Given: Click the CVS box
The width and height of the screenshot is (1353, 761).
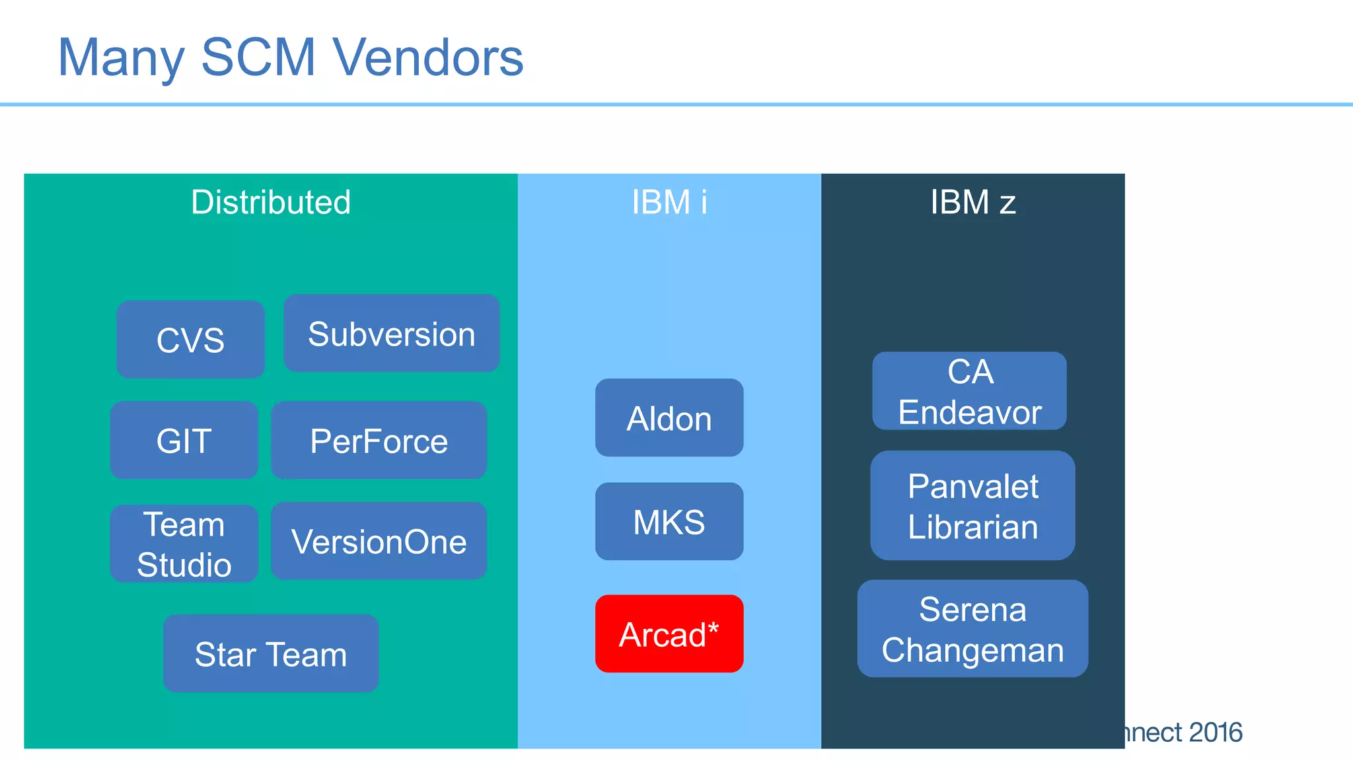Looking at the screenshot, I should point(190,340).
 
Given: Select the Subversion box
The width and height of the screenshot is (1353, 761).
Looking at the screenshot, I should point(391,334).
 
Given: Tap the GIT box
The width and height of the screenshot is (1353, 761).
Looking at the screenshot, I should point(184,440).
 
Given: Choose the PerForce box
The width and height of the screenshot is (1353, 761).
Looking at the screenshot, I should point(379,440).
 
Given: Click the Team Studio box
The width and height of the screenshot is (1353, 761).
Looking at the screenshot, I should point(184,544).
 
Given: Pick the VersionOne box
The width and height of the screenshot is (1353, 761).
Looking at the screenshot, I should point(379,541).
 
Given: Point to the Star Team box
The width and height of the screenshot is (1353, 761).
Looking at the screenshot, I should point(271,653).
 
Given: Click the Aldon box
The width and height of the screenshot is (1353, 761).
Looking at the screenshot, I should point(669,417).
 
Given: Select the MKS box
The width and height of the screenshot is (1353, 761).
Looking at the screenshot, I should point(669,521).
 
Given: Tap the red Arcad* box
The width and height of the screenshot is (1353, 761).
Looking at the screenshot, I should point(669,634).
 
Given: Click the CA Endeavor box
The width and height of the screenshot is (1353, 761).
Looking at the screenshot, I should point(969,391).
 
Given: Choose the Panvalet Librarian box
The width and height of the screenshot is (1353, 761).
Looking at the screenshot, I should point(972,505).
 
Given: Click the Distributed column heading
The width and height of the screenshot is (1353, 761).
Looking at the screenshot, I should point(271,202).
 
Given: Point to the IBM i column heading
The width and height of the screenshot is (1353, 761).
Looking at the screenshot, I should point(669,202).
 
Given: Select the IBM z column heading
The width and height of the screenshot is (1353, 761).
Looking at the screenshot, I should point(972,202).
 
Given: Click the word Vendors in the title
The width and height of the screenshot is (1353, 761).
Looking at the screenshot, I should point(428,57).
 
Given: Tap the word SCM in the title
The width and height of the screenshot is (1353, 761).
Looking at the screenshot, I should point(258,57).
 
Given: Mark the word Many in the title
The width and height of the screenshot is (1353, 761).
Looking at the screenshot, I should point(121,57).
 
